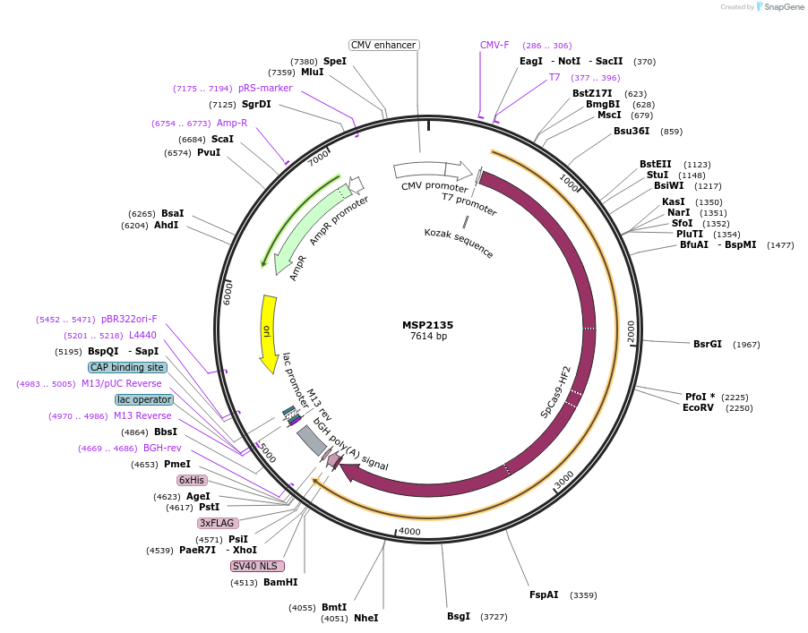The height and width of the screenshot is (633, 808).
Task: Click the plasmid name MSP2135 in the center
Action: pyautogui.click(x=428, y=324)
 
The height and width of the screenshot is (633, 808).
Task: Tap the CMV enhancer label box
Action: pyautogui.click(x=383, y=45)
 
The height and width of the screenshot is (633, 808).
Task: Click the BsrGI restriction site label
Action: pyautogui.click(x=707, y=344)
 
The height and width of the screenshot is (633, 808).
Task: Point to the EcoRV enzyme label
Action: pyautogui.click(x=699, y=407)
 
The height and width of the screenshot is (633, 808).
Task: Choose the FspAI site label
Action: pyautogui.click(x=544, y=595)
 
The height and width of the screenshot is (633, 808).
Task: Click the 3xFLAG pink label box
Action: pyautogui.click(x=218, y=523)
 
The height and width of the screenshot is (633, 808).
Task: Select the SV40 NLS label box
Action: pyautogui.click(x=257, y=566)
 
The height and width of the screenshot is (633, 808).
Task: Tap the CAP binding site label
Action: pyautogui.click(x=127, y=367)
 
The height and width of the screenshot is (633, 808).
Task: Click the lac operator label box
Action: pyautogui.click(x=143, y=399)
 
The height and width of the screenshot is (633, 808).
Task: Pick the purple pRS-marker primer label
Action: pyautogui.click(x=265, y=88)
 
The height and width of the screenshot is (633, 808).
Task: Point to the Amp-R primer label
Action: pyautogui.click(x=232, y=123)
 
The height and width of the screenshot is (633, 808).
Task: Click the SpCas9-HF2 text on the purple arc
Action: pyautogui.click(x=556, y=392)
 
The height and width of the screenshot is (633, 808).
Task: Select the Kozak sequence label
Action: pyautogui.click(x=459, y=243)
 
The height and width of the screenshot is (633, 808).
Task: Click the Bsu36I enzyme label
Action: pyautogui.click(x=632, y=132)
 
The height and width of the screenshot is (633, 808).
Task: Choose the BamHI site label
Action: pyautogui.click(x=280, y=582)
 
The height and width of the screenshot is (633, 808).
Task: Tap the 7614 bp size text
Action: pyautogui.click(x=428, y=336)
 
